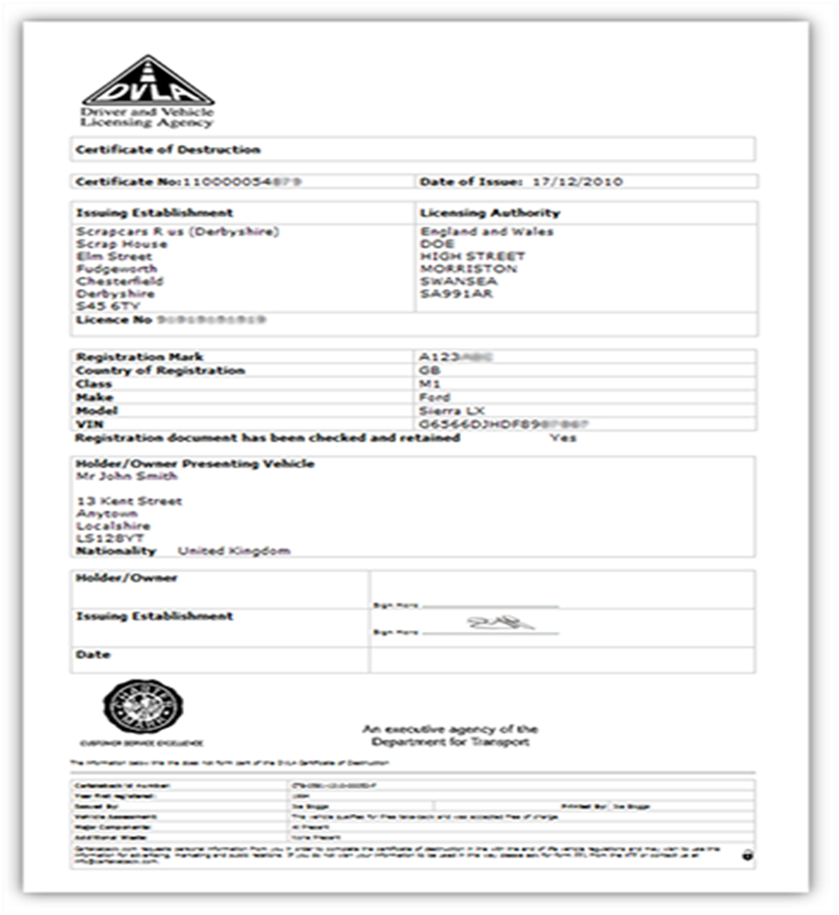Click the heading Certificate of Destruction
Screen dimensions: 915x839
(x=168, y=150)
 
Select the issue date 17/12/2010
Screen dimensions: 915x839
(x=577, y=181)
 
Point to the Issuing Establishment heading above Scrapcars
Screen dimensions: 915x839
(x=154, y=213)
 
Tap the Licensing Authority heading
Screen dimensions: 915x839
(x=490, y=213)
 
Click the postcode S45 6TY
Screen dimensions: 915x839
(x=103, y=307)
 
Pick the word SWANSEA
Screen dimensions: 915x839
(x=459, y=281)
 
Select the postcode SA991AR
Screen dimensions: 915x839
(x=456, y=294)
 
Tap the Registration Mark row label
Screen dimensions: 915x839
(x=139, y=357)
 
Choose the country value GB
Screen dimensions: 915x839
(x=431, y=370)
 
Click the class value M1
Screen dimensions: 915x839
(x=430, y=384)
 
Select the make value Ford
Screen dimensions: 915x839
(x=435, y=397)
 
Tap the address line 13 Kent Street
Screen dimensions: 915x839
(x=129, y=501)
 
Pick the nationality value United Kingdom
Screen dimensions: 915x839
(x=234, y=551)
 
